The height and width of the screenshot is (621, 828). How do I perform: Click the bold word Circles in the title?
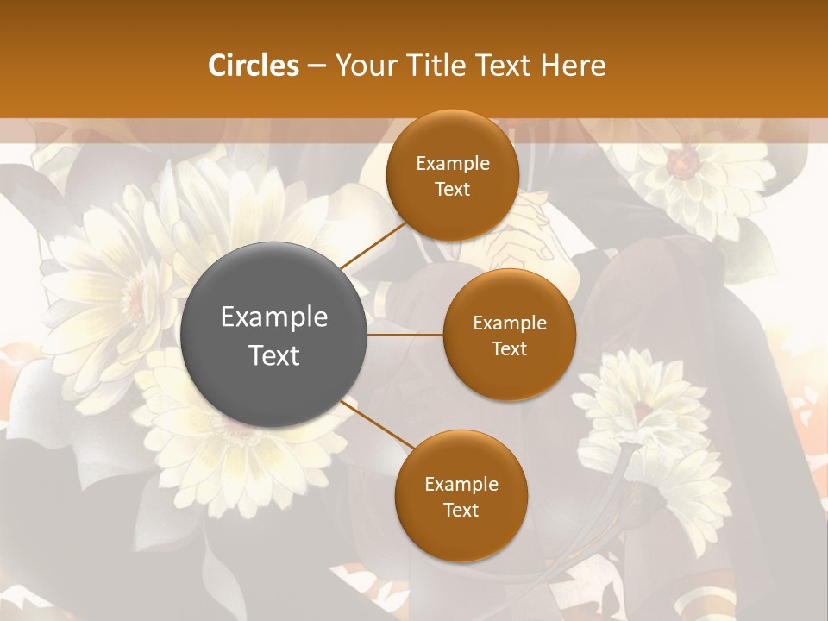(x=253, y=66)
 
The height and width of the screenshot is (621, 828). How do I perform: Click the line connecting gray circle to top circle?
(x=373, y=244)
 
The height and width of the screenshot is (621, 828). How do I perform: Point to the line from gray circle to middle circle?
(x=405, y=335)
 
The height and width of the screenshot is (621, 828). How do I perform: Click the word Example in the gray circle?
(x=274, y=317)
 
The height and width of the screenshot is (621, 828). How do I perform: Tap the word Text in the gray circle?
(x=274, y=355)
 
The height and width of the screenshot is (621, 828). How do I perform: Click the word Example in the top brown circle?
(x=452, y=164)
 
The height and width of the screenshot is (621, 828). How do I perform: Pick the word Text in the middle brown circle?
(x=509, y=349)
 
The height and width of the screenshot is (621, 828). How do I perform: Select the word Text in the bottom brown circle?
(x=461, y=511)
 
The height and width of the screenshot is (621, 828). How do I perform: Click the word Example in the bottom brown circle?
(x=461, y=485)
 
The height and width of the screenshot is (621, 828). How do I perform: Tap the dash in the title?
(x=316, y=66)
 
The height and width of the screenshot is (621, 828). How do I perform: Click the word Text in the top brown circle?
(x=452, y=190)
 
